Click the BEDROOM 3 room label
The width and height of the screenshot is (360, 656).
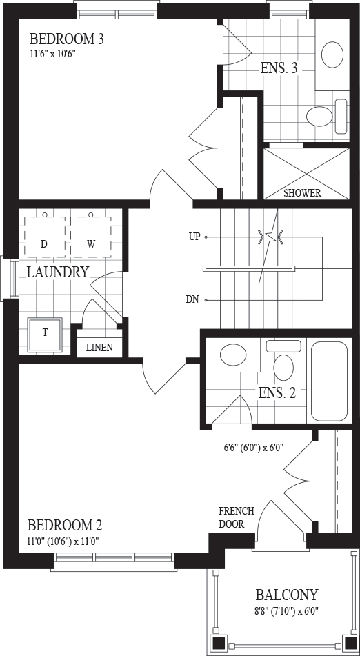coord(66,39)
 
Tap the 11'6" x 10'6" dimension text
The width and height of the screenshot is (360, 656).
coord(52,54)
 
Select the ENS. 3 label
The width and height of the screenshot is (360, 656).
coord(279,68)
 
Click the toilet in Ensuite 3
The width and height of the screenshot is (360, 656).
coord(327,116)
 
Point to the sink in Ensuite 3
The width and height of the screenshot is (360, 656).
coord(332,54)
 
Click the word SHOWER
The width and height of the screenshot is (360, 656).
coord(302,193)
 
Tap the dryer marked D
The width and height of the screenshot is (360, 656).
coord(44,237)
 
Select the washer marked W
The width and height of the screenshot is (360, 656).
coord(91,237)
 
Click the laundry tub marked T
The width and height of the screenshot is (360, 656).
coord(45,335)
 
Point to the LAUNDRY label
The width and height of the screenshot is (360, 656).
coord(58,272)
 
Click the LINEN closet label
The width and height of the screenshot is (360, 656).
coord(99,348)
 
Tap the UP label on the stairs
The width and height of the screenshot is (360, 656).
coord(194,237)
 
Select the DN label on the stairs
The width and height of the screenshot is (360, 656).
coord(192,299)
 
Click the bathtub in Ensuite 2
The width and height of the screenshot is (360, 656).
coord(329,381)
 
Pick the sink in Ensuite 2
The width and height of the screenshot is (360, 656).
coord(233,355)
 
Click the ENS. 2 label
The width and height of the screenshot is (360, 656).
coord(277,393)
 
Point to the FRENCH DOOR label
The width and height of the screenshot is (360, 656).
coord(237,517)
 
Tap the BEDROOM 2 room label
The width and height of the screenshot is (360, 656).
coord(65,525)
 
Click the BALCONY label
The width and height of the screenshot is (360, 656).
coord(287,595)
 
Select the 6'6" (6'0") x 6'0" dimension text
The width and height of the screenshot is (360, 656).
coord(254,448)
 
